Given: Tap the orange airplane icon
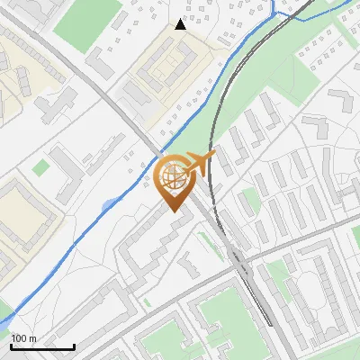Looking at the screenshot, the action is click(201, 163).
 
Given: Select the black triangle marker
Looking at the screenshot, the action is click(180, 24).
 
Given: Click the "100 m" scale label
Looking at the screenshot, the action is click(24, 338).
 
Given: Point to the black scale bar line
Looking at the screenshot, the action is click(42, 346).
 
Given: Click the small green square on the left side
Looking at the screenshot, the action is click(40, 166).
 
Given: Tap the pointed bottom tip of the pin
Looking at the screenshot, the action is click(173, 211).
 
